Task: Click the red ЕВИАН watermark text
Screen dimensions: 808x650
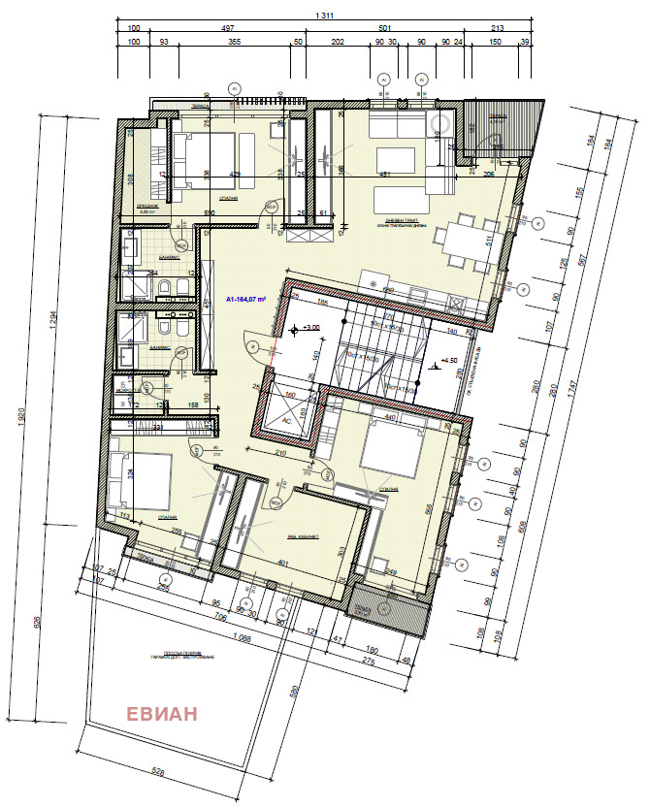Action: click(162, 714)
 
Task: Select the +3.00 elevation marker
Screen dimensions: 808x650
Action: click(309, 328)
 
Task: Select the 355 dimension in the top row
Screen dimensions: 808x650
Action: click(234, 42)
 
